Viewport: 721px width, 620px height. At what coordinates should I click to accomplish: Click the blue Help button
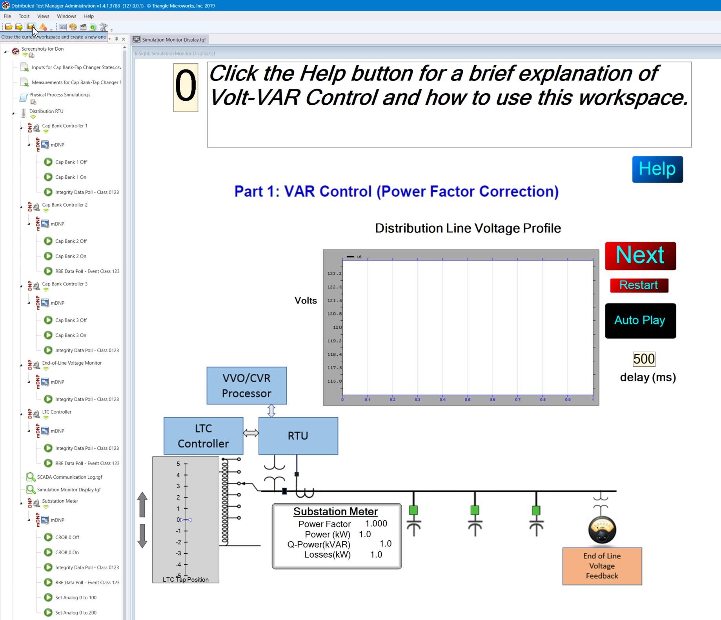click(657, 169)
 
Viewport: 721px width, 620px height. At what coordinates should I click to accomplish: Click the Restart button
click(639, 285)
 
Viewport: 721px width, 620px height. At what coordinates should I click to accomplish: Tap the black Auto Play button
click(640, 320)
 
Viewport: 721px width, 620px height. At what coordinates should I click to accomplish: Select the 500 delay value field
click(644, 359)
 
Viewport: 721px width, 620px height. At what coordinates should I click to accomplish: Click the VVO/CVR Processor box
click(246, 385)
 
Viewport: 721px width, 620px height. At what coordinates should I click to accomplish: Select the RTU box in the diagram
click(298, 436)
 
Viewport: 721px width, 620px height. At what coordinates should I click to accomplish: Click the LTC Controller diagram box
click(203, 436)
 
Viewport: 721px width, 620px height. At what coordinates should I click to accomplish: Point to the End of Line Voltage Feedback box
click(602, 566)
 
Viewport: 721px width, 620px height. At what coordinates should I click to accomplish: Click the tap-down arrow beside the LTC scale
click(142, 536)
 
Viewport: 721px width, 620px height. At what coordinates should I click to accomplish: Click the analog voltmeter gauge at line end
click(602, 530)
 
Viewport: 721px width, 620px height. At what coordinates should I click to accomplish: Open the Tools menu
click(24, 16)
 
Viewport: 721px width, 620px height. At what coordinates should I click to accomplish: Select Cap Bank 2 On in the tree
click(71, 256)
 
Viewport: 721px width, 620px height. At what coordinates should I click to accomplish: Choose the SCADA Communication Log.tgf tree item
click(69, 477)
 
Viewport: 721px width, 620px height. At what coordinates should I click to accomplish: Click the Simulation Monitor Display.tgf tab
click(173, 40)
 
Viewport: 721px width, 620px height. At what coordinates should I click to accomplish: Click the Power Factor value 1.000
click(376, 524)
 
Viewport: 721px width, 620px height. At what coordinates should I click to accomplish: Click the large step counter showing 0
click(186, 87)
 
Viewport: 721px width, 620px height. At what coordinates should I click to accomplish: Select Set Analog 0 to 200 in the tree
click(76, 613)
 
